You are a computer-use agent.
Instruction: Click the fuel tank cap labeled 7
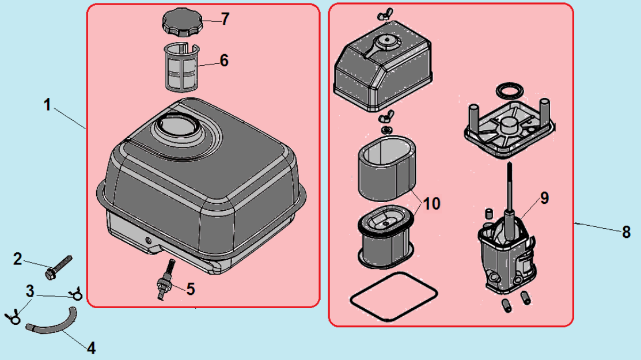coord(180,23)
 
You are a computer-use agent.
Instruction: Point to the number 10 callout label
coord(431,203)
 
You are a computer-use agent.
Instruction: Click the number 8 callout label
coord(626,232)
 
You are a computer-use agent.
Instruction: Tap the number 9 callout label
coord(544,198)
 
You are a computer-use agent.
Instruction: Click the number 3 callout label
coord(29,290)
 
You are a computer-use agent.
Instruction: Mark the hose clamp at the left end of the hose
coord(12,316)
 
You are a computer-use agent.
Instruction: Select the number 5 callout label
coord(191,289)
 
